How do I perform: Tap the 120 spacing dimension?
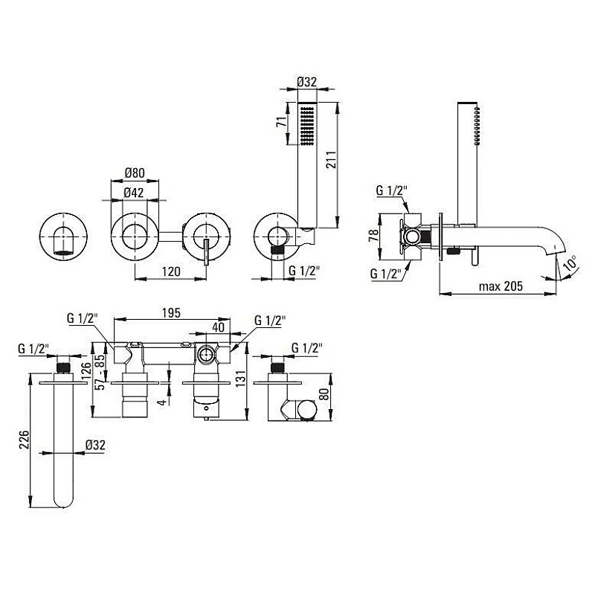171,271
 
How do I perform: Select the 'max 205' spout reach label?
501,286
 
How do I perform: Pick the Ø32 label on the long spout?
94,445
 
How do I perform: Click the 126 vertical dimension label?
86,370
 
